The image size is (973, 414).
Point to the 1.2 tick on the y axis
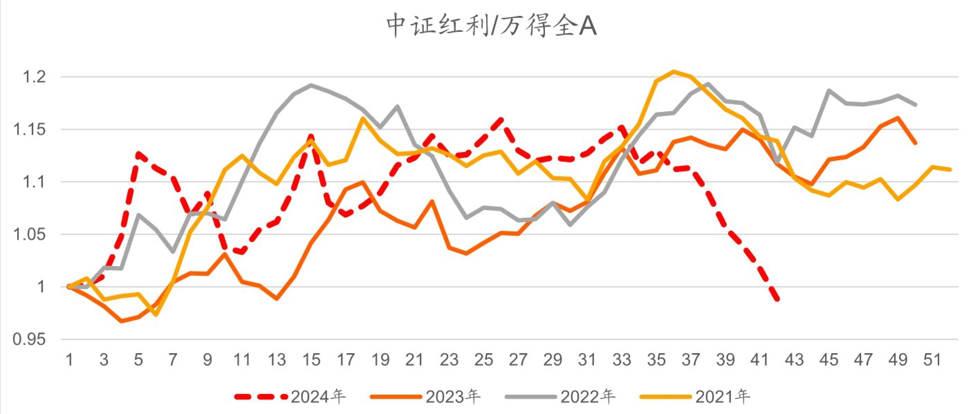[34, 77]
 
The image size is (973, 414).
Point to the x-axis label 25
[483, 360]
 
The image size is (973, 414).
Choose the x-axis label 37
[691, 360]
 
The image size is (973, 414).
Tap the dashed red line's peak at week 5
[139, 153]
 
